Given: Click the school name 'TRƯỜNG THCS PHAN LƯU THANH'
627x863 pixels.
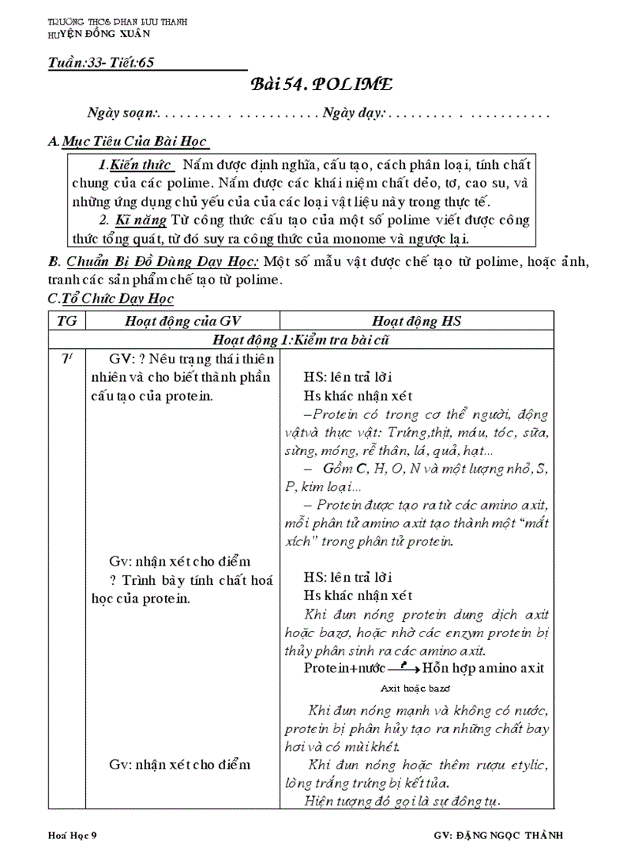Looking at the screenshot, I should click(117, 22).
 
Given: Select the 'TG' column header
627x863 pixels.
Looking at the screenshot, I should click(67, 320).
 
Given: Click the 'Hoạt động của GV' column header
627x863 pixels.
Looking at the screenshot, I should click(183, 320).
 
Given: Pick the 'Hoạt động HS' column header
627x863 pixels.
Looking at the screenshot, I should click(416, 320).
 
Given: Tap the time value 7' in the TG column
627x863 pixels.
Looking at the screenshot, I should click(67, 359).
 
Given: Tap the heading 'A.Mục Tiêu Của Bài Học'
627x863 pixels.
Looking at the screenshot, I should click(128, 143).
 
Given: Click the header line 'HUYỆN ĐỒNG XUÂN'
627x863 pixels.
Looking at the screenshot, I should click(98, 34).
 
